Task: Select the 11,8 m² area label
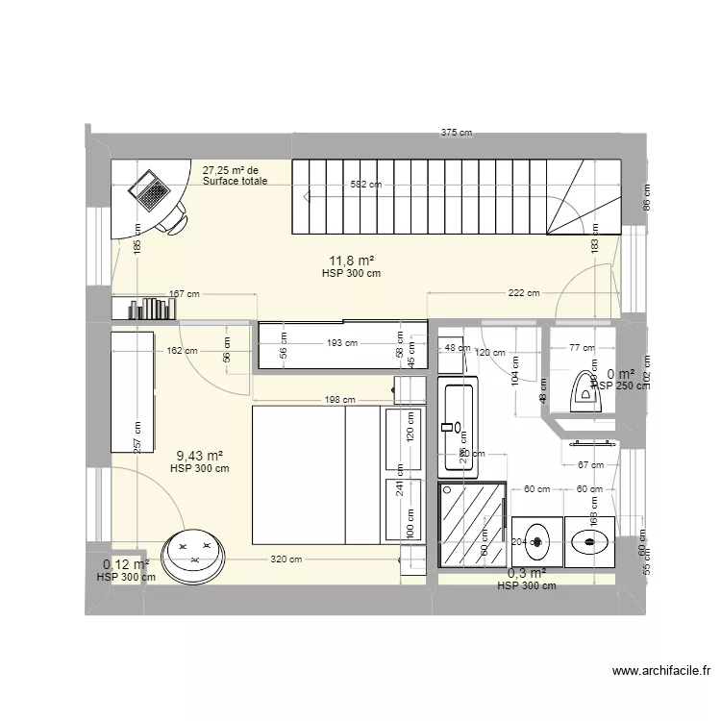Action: [352, 261]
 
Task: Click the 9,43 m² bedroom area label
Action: [200, 457]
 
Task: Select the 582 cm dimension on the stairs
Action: [364, 185]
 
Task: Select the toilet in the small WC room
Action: [584, 389]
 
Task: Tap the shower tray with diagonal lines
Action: [473, 527]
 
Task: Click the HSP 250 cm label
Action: [616, 385]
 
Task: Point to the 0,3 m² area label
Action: [527, 573]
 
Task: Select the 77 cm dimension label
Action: [582, 348]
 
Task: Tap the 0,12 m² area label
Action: [126, 565]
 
